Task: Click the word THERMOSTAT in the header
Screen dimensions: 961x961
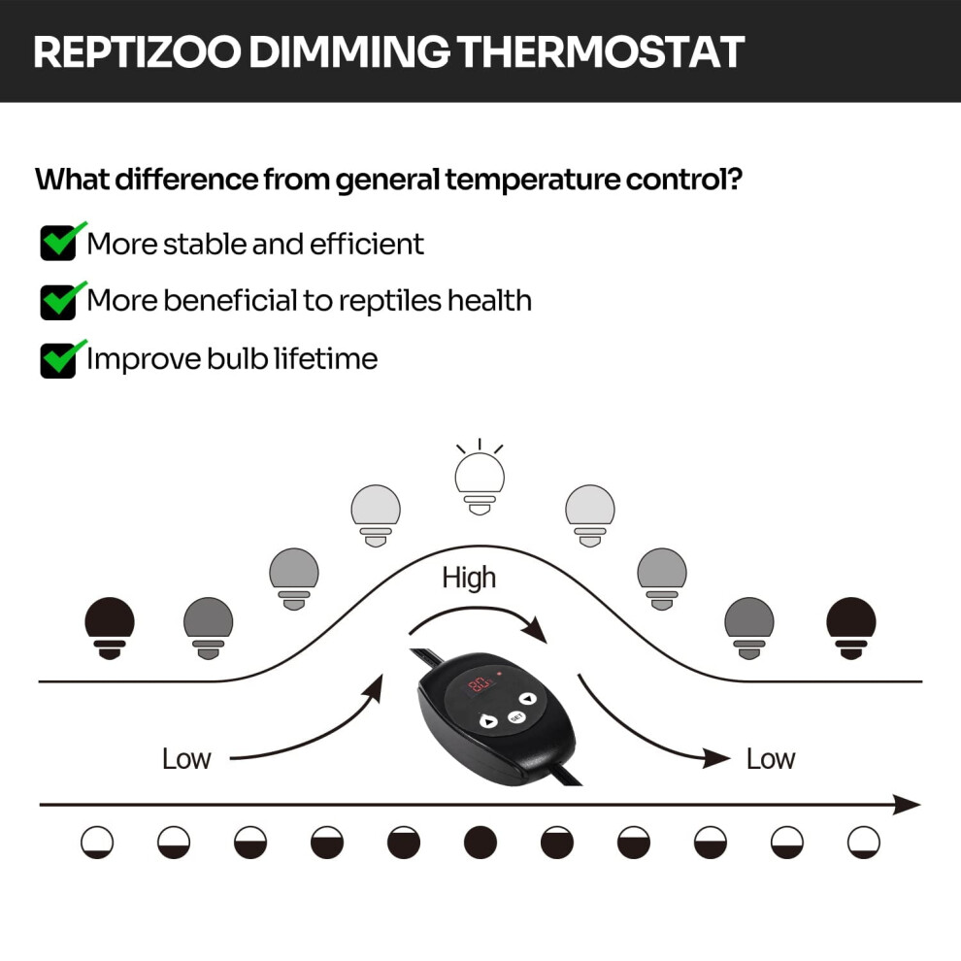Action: point(601,51)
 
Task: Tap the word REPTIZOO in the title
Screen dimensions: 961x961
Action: point(137,51)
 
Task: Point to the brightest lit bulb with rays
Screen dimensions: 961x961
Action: point(480,478)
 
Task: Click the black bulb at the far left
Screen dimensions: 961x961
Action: point(110,628)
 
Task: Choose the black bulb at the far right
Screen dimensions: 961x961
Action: point(851,628)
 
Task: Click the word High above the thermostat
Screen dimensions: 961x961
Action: point(469,578)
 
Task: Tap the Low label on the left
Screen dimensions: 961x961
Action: point(186,759)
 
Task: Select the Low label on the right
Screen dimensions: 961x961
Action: point(771,759)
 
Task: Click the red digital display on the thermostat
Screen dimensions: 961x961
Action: point(480,684)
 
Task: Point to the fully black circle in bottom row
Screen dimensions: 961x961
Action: point(480,843)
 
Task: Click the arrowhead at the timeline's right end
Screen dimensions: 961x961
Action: point(907,804)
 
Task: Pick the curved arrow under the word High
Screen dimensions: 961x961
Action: point(478,611)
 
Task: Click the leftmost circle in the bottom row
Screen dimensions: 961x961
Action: point(97,843)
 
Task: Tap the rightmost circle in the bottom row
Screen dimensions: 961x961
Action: point(864,843)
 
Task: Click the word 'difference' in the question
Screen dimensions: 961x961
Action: point(186,179)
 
